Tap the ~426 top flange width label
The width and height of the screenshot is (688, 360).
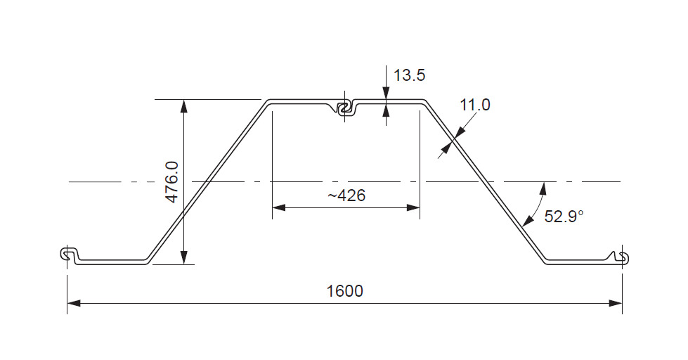(x=346, y=195)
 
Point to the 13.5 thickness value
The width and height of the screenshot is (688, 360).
(x=409, y=75)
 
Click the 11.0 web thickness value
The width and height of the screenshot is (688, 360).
(x=475, y=105)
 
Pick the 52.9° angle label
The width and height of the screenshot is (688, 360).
(x=564, y=217)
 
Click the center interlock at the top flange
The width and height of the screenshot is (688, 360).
(x=344, y=108)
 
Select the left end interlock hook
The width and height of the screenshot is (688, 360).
(x=69, y=255)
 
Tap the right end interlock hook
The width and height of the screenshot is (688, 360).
(x=621, y=257)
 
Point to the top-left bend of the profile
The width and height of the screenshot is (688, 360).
(x=268, y=103)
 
